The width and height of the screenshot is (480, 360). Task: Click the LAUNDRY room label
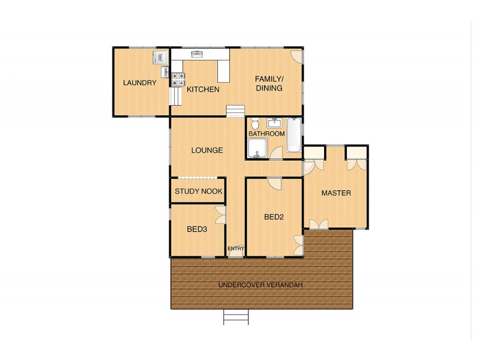coord(140,83)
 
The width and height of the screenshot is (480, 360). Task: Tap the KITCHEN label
coord(203,89)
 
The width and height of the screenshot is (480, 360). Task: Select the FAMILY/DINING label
coord(269,83)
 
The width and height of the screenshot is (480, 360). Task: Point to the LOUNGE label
coord(207,151)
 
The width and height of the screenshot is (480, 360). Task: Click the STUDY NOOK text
coord(199,191)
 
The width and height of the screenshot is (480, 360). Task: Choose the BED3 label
coord(197,229)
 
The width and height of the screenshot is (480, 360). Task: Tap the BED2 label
coord(274,217)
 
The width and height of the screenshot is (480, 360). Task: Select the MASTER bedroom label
coord(336,193)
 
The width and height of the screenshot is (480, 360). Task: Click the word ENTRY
coord(236,248)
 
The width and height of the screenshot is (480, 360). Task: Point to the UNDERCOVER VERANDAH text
coord(260,285)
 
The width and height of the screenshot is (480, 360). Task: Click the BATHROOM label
coord(266,134)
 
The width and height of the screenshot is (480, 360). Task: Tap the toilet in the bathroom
coord(255,124)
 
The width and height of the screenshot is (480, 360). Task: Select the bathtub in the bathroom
coord(294,134)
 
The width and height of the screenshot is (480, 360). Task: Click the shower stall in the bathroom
coord(257,149)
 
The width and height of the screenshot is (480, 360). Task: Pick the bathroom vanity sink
coord(274,123)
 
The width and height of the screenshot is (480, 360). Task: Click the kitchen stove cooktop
coord(178,80)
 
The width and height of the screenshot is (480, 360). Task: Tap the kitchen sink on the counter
coord(197,55)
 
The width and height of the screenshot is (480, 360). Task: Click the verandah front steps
coord(236,317)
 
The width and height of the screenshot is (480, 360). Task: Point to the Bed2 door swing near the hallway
coord(274,184)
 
